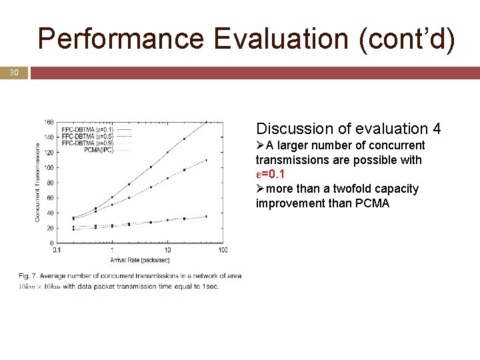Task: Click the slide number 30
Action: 13,72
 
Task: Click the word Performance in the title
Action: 121,39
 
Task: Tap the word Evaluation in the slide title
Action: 283,39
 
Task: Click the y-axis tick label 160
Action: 49,122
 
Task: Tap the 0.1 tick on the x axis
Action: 57,250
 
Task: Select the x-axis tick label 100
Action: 223,250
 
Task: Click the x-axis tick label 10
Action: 167,250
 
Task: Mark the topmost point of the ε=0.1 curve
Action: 206,122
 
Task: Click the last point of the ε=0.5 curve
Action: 206,160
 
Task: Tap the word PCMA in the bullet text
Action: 371,203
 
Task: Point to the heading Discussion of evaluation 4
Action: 348,129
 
